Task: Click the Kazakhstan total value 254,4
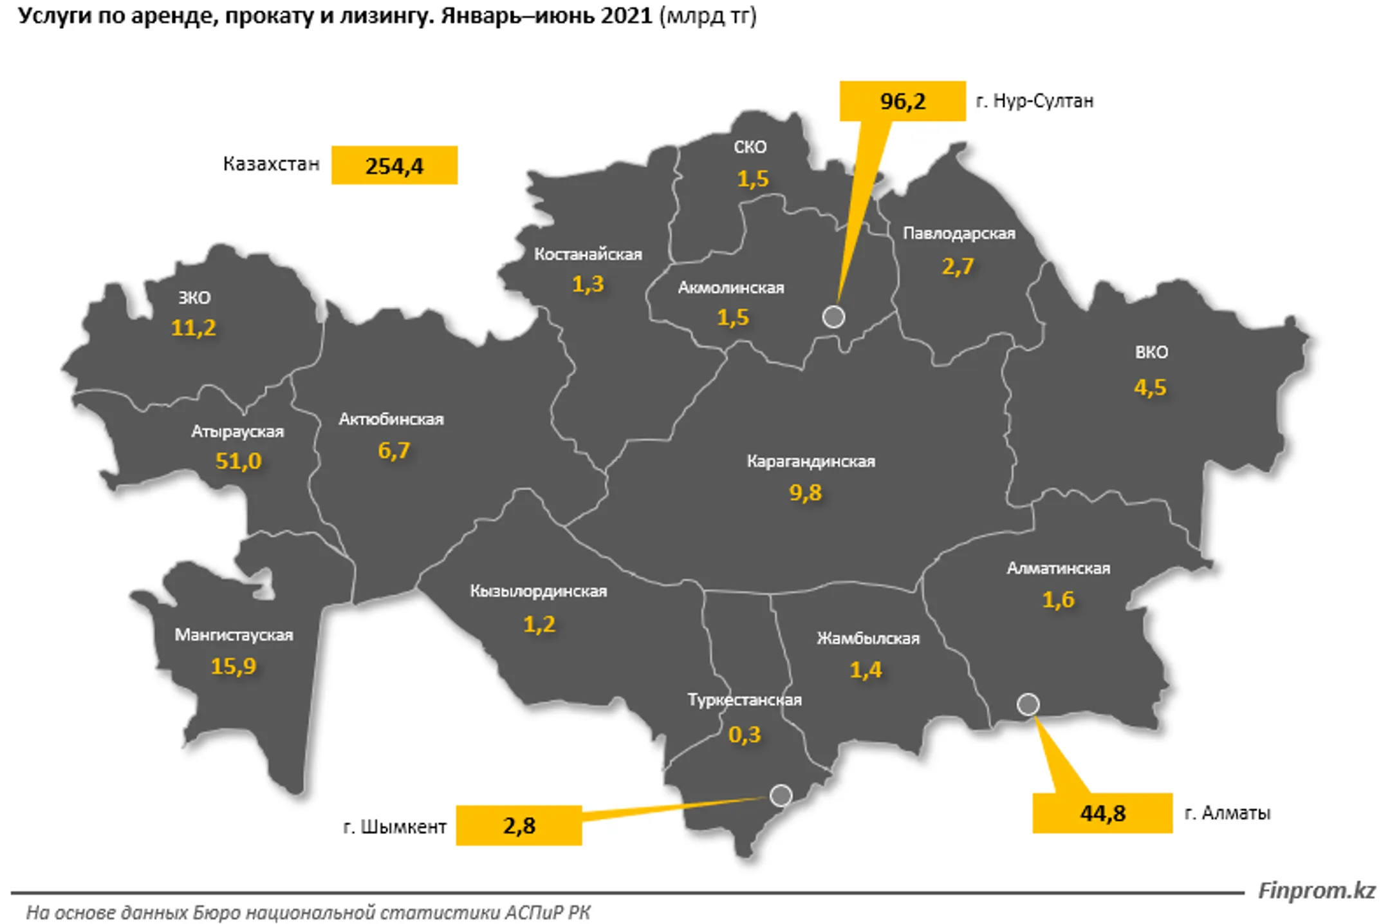point(394,165)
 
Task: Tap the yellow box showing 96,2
point(902,101)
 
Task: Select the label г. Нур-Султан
point(1034,101)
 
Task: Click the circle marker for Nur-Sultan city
point(833,317)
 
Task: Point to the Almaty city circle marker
point(1028,704)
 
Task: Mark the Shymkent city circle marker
point(781,795)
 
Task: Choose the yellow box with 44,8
point(1102,813)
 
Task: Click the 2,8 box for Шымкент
point(519,825)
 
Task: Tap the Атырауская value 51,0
point(238,461)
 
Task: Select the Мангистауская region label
point(234,635)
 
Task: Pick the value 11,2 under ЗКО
point(193,328)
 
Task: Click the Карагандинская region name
point(810,461)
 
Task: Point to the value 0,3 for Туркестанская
point(744,734)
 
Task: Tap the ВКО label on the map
point(1151,352)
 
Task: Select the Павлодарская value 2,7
point(958,266)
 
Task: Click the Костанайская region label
point(588,254)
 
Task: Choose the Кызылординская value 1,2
point(539,624)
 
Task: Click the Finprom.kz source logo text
point(1316,891)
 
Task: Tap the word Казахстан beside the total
point(271,164)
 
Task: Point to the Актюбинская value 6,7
point(393,450)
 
